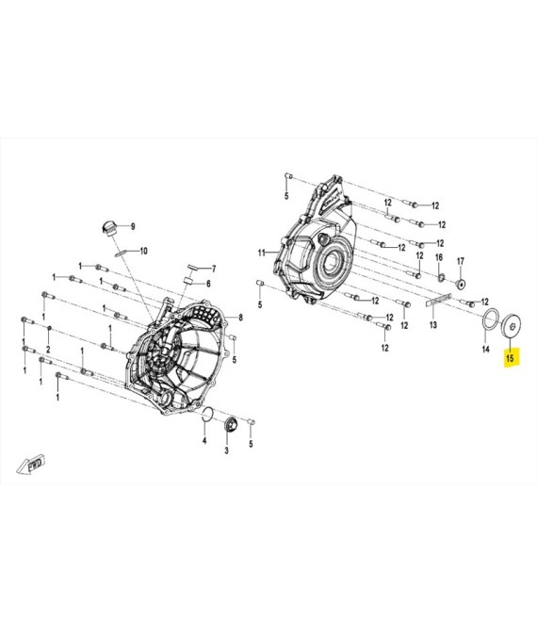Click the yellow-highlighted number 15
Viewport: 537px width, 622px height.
[x=510, y=358]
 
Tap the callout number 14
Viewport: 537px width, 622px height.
[x=485, y=349]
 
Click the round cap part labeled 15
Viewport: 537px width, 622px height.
[x=512, y=326]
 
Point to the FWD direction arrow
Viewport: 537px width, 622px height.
[x=31, y=465]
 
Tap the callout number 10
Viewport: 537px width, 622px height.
[x=143, y=251]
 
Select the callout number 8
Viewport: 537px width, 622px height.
[x=240, y=317]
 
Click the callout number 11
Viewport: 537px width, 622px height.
[x=261, y=253]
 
